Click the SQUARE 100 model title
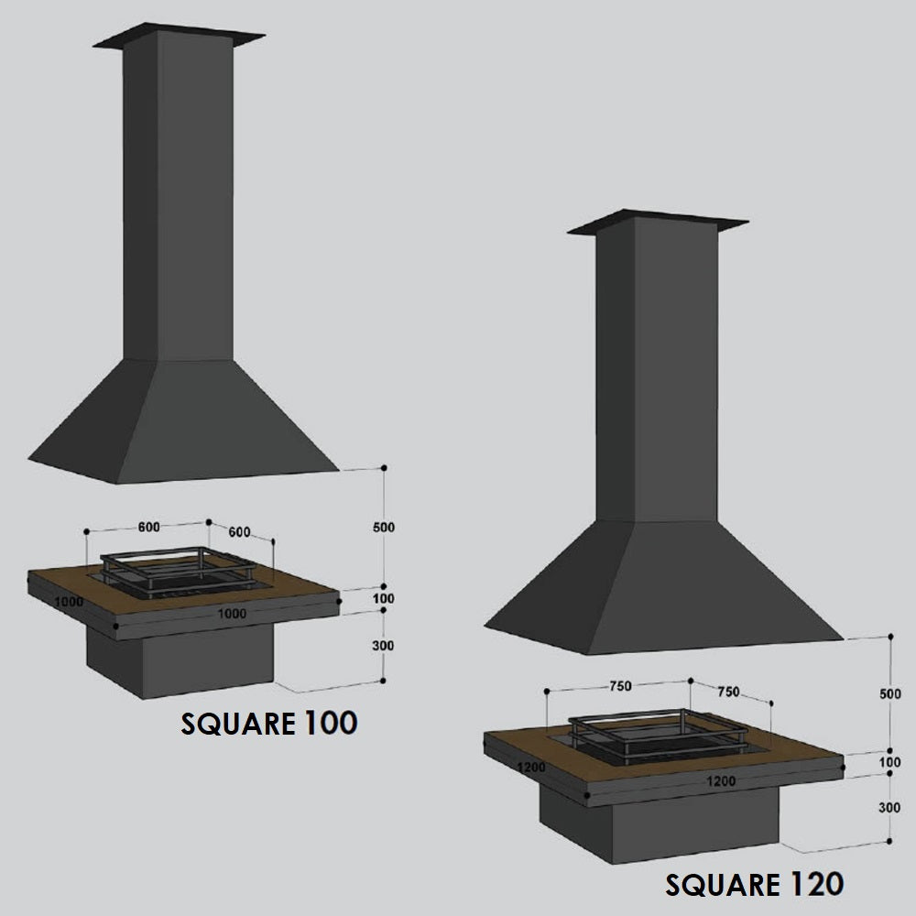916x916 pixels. [268, 724]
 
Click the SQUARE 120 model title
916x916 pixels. [754, 884]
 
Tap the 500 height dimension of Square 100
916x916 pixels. [384, 527]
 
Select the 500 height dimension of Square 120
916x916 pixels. [890, 693]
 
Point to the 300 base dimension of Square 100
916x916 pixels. [383, 646]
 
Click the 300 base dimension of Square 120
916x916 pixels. [889, 807]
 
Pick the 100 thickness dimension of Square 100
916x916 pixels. [383, 598]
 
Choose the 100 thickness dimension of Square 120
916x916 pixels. [889, 762]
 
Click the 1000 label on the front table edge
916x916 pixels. [232, 614]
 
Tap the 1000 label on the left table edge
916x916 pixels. [69, 601]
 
